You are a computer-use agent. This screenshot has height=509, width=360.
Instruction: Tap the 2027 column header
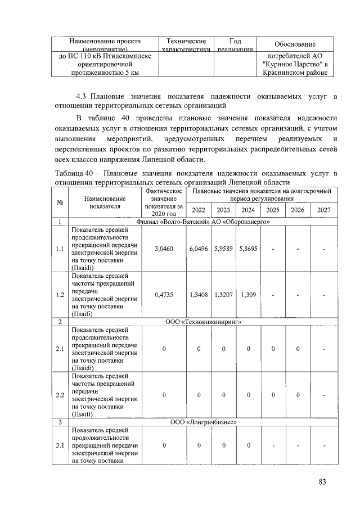tap(323, 210)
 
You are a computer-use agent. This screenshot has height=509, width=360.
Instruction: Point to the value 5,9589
tap(223, 248)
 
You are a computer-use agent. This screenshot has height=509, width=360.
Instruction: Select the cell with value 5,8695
tap(247, 248)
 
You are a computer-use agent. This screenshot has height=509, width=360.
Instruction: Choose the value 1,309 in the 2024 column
tap(247, 294)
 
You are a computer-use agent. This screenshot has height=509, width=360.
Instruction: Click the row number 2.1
tap(59, 349)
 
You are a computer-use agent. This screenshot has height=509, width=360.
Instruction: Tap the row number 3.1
tap(59, 445)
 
